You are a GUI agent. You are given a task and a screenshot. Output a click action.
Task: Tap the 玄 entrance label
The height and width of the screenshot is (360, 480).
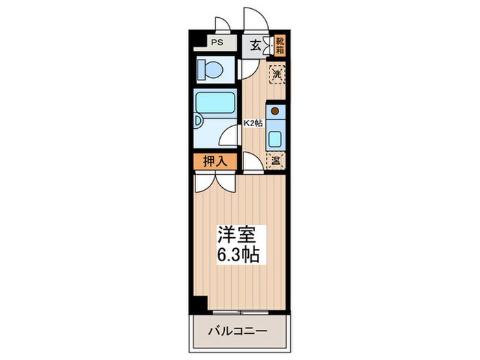click(254, 46)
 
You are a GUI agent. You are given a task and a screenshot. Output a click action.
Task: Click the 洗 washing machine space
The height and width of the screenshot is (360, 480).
click(276, 74)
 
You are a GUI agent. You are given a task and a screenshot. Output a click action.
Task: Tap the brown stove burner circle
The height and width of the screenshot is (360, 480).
click(274, 110)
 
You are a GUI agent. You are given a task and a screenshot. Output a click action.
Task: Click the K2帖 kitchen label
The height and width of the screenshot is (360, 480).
click(254, 123)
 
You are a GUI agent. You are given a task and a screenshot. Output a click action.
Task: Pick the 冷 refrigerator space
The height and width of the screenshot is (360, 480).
click(276, 162)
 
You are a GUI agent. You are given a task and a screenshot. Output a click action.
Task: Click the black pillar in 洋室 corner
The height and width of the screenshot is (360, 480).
click(200, 302)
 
